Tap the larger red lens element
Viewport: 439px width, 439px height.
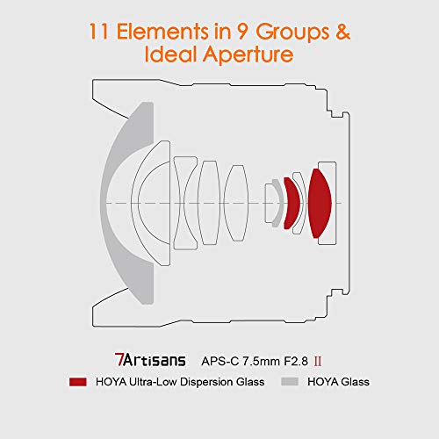(x=319, y=203)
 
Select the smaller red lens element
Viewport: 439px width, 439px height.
(x=291, y=203)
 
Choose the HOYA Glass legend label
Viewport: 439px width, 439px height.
(x=341, y=382)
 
